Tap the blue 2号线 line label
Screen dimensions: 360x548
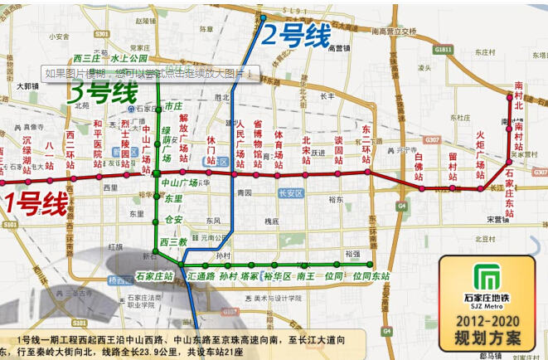click(x=296, y=36)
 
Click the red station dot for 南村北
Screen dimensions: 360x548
click(x=510, y=97)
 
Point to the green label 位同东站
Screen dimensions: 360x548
click(x=370, y=275)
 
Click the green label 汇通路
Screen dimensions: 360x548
click(x=201, y=275)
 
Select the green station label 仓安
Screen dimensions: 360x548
click(x=173, y=220)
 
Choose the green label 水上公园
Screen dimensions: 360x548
click(x=128, y=59)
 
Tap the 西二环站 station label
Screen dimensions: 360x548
click(x=70, y=149)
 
